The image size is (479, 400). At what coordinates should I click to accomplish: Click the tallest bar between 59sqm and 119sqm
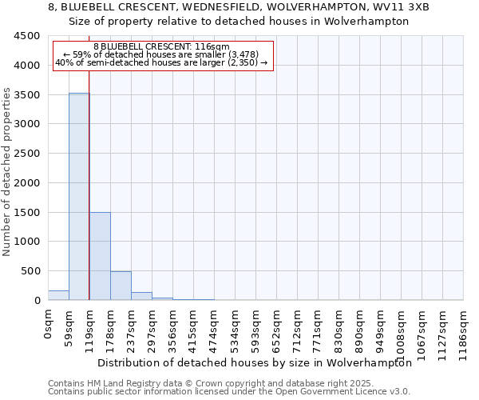[x=78, y=196]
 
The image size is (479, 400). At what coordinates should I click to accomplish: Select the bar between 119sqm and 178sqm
[x=100, y=256]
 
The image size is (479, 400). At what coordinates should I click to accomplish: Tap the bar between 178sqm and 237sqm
[x=121, y=286]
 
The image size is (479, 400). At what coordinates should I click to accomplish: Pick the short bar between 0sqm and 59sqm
[x=58, y=295]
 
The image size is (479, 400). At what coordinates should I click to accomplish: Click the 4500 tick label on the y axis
[x=27, y=36]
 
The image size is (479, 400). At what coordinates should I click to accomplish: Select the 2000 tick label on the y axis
[x=27, y=183]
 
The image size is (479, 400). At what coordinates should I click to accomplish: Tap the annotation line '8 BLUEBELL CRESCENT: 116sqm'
[x=161, y=47]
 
